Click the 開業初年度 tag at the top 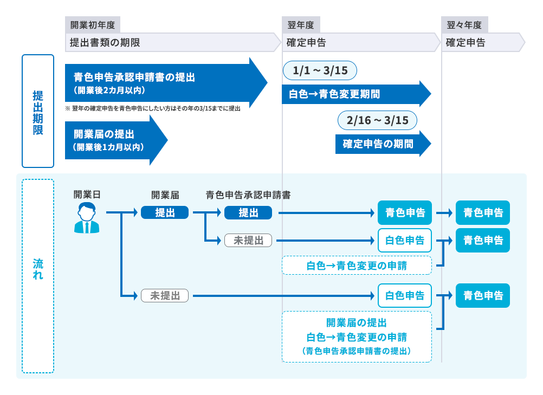point(92,25)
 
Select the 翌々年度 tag point(464,25)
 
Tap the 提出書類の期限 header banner point(172,42)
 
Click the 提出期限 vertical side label point(38,111)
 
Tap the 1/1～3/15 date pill point(320,70)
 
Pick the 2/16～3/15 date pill point(377,120)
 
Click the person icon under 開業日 point(87,218)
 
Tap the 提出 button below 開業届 point(165,213)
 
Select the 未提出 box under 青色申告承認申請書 point(248,241)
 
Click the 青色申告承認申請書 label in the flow point(248,195)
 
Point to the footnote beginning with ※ point(153,108)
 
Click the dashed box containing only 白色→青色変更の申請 point(357,266)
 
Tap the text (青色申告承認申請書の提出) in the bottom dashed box point(357,351)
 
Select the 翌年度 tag point(301,25)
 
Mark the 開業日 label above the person point(87,195)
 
